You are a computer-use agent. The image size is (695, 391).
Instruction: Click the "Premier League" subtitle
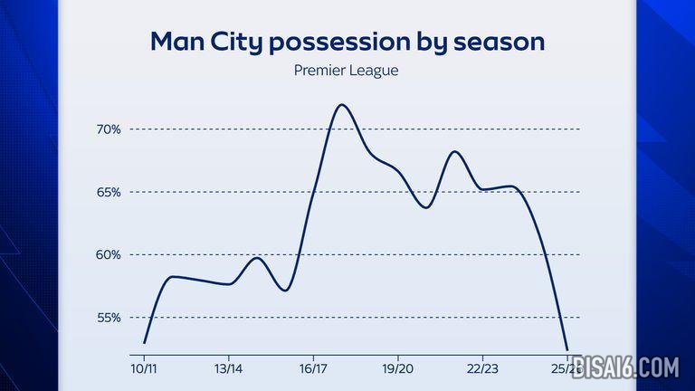347,70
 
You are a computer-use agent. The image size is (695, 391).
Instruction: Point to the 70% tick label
108,129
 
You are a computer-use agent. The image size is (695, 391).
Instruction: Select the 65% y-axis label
108,192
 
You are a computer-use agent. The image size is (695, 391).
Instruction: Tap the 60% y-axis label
108,254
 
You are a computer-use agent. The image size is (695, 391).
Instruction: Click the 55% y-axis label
108,318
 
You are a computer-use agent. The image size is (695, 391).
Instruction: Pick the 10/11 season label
143,368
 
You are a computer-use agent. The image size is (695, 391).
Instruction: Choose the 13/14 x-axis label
228,368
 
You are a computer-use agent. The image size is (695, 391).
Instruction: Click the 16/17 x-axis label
312,368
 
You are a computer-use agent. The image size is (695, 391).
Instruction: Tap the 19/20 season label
397,368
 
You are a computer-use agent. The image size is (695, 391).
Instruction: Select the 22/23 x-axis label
482,368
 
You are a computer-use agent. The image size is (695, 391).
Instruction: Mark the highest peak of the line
342,105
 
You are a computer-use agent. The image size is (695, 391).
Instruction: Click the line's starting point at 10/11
144,343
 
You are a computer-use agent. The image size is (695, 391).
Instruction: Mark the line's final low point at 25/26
566,349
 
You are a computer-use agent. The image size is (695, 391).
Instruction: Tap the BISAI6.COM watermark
624,367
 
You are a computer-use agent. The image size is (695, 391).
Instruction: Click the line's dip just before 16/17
285,291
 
